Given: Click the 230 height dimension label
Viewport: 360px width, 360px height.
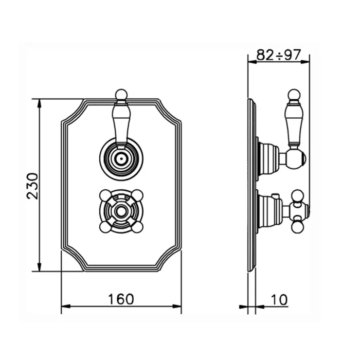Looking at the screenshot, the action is [x=32, y=186].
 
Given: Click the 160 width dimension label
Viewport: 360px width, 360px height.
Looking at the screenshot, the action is [x=121, y=299].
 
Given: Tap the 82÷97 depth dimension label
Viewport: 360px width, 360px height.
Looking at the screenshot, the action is [x=279, y=55].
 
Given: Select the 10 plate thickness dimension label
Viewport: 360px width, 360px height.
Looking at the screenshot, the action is [x=279, y=300].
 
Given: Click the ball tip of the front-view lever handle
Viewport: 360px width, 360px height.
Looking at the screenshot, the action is [x=121, y=95].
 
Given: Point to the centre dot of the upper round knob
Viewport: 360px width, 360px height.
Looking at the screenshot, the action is [x=121, y=158].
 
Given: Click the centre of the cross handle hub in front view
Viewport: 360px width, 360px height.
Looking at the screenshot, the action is [x=121, y=211].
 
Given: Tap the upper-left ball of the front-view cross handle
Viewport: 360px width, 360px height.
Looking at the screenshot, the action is [x=105, y=195].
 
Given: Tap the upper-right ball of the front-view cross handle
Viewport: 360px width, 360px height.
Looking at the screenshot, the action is [x=137, y=195].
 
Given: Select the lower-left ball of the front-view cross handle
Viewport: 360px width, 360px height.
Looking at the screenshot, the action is [x=105, y=227].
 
